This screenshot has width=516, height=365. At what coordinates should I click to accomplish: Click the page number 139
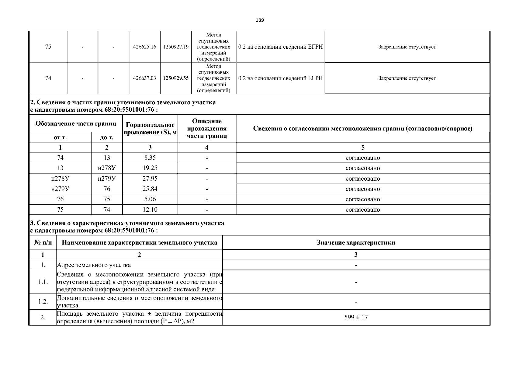click(x=260, y=20)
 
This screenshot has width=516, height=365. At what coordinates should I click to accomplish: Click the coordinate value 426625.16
click(x=145, y=47)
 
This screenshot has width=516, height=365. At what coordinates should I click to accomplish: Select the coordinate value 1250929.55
click(x=176, y=78)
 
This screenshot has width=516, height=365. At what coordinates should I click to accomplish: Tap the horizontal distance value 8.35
click(x=150, y=158)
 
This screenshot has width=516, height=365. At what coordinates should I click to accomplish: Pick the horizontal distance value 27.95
click(x=150, y=179)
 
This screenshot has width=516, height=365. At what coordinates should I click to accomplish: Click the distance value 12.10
click(x=150, y=210)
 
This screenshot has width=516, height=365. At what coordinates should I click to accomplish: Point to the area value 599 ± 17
click(x=356, y=317)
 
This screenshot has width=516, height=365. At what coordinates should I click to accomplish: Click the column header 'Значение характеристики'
click(x=356, y=242)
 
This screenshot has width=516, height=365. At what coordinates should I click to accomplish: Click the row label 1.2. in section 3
click(x=43, y=301)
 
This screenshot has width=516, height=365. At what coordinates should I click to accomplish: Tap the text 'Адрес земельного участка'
click(x=94, y=265)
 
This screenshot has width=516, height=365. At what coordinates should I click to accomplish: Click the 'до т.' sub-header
click(x=107, y=137)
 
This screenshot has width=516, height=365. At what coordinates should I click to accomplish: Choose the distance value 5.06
click(x=150, y=199)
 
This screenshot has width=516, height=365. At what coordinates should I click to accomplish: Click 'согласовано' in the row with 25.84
click(x=362, y=189)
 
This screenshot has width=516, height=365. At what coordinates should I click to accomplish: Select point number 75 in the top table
click(x=48, y=47)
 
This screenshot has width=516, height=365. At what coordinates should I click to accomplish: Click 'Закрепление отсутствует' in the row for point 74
click(x=407, y=78)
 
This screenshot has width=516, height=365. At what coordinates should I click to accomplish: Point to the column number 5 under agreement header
click(x=362, y=148)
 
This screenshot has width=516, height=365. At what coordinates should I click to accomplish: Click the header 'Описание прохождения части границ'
click(x=207, y=128)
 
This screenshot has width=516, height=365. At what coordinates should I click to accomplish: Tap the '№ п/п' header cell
click(x=43, y=242)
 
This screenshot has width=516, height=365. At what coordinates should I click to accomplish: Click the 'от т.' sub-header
click(x=60, y=137)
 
